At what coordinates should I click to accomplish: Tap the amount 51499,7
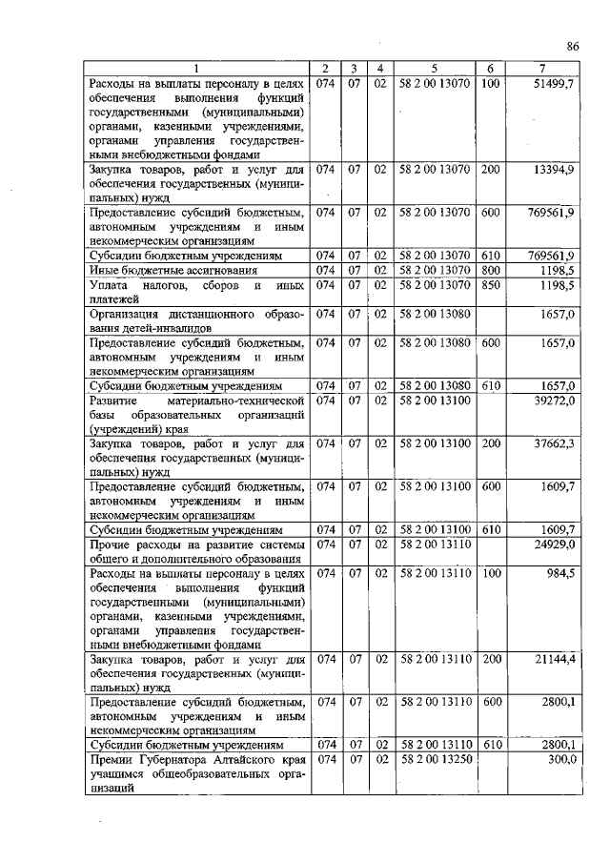click(553, 85)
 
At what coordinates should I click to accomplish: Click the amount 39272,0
click(554, 401)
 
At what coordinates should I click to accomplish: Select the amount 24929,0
click(554, 543)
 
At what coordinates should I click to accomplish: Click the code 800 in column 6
click(491, 271)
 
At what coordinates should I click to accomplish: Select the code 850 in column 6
click(491, 285)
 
